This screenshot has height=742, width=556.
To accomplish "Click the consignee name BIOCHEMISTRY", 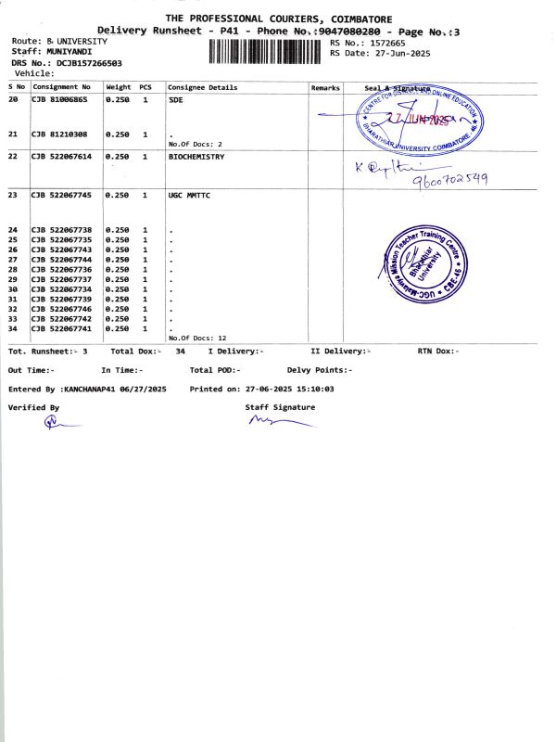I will pos(196,157).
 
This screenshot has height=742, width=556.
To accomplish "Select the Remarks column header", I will pos(325,87).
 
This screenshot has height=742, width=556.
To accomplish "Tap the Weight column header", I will pos(119,87).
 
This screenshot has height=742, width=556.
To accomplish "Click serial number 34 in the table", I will pos(13,328).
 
